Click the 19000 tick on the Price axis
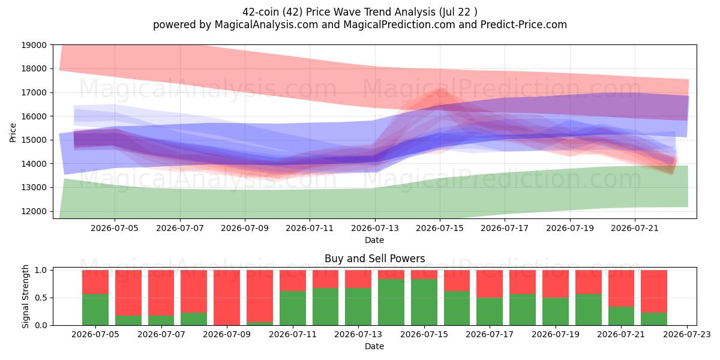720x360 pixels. tap(34, 45)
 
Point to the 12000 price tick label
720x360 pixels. tap(34, 211)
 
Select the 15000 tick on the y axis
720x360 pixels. tap(34, 140)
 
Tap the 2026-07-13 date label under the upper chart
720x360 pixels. tap(375, 228)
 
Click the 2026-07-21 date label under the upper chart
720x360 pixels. tap(635, 228)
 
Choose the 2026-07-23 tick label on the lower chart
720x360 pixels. tap(687, 335)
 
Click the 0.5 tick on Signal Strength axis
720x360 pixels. tap(41, 298)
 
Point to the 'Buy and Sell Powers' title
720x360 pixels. tap(375, 259)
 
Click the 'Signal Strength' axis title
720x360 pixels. tap(25, 296)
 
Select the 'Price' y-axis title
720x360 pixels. tap(13, 133)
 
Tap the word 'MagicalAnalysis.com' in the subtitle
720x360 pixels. tap(266, 25)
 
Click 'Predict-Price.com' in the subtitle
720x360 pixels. tap(524, 25)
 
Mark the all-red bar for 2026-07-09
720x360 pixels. tap(227, 298)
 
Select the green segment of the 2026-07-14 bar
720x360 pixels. tap(391, 302)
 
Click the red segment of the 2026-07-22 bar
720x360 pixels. tap(654, 291)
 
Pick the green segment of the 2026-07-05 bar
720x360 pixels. tap(95, 310)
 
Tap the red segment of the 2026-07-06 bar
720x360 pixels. tap(128, 293)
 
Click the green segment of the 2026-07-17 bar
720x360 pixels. tap(490, 311)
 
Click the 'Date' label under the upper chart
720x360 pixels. tap(374, 240)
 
